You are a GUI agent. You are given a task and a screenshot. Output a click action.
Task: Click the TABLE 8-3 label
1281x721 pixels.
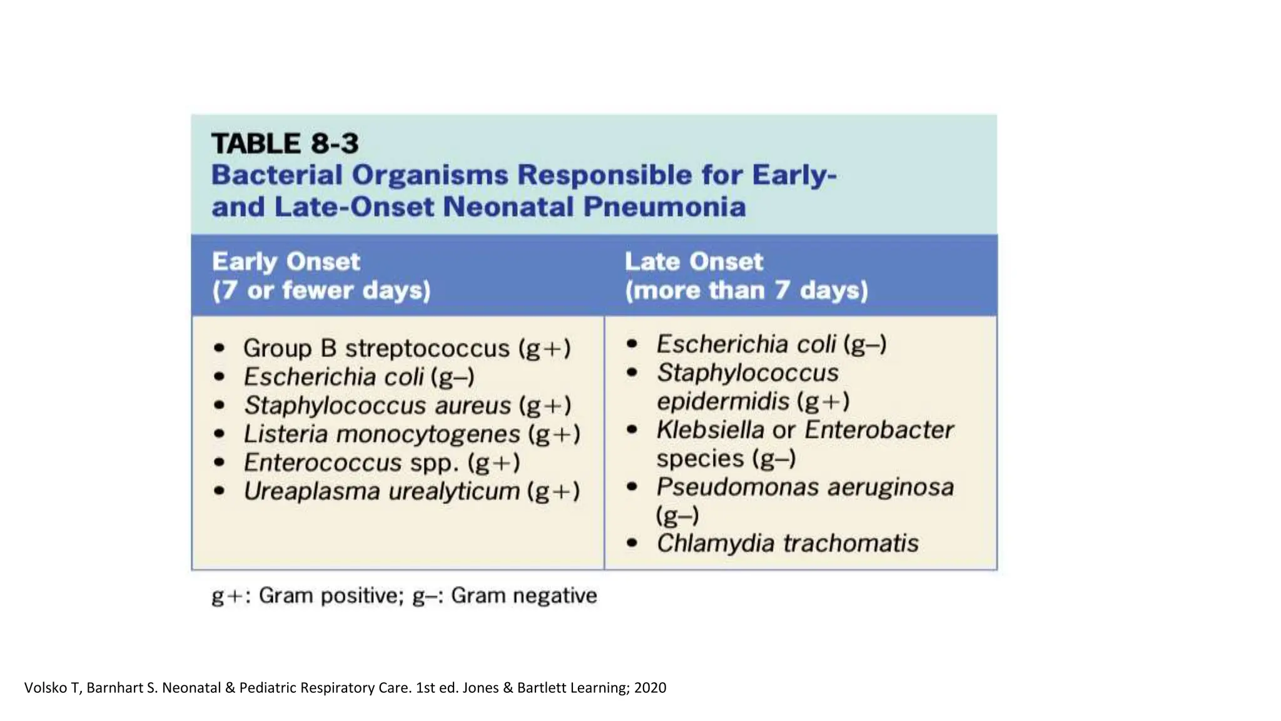285,143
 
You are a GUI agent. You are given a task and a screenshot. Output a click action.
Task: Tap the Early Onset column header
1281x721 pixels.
286,262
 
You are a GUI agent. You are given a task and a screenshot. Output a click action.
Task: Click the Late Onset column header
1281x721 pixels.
694,262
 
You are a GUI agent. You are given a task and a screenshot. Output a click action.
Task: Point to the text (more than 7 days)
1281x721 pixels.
746,290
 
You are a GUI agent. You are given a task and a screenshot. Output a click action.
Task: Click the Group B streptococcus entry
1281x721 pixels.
407,349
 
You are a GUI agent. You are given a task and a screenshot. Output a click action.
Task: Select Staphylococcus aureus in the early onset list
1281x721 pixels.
407,406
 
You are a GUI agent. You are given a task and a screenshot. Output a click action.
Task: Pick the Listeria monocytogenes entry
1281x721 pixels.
412,434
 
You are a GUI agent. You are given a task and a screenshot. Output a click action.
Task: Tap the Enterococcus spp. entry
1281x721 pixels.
382,463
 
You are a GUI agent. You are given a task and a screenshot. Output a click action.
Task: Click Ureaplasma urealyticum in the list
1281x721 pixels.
412,491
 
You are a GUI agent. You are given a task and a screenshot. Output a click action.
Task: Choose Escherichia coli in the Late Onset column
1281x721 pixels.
771,344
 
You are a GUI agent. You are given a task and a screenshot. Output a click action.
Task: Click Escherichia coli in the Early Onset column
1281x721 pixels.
358,377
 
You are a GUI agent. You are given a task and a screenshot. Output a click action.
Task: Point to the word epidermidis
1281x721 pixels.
723,401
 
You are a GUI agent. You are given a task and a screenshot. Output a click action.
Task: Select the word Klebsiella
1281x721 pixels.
709,430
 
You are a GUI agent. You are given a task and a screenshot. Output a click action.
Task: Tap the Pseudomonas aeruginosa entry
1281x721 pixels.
804,487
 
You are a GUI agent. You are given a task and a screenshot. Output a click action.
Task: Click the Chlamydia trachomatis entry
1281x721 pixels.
787,543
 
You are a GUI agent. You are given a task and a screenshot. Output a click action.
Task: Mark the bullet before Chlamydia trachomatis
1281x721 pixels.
632,543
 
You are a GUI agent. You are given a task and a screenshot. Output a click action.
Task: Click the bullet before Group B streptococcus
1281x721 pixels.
219,349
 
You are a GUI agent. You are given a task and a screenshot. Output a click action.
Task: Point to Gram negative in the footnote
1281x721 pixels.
524,595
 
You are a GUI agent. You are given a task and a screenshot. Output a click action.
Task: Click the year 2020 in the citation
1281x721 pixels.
650,688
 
